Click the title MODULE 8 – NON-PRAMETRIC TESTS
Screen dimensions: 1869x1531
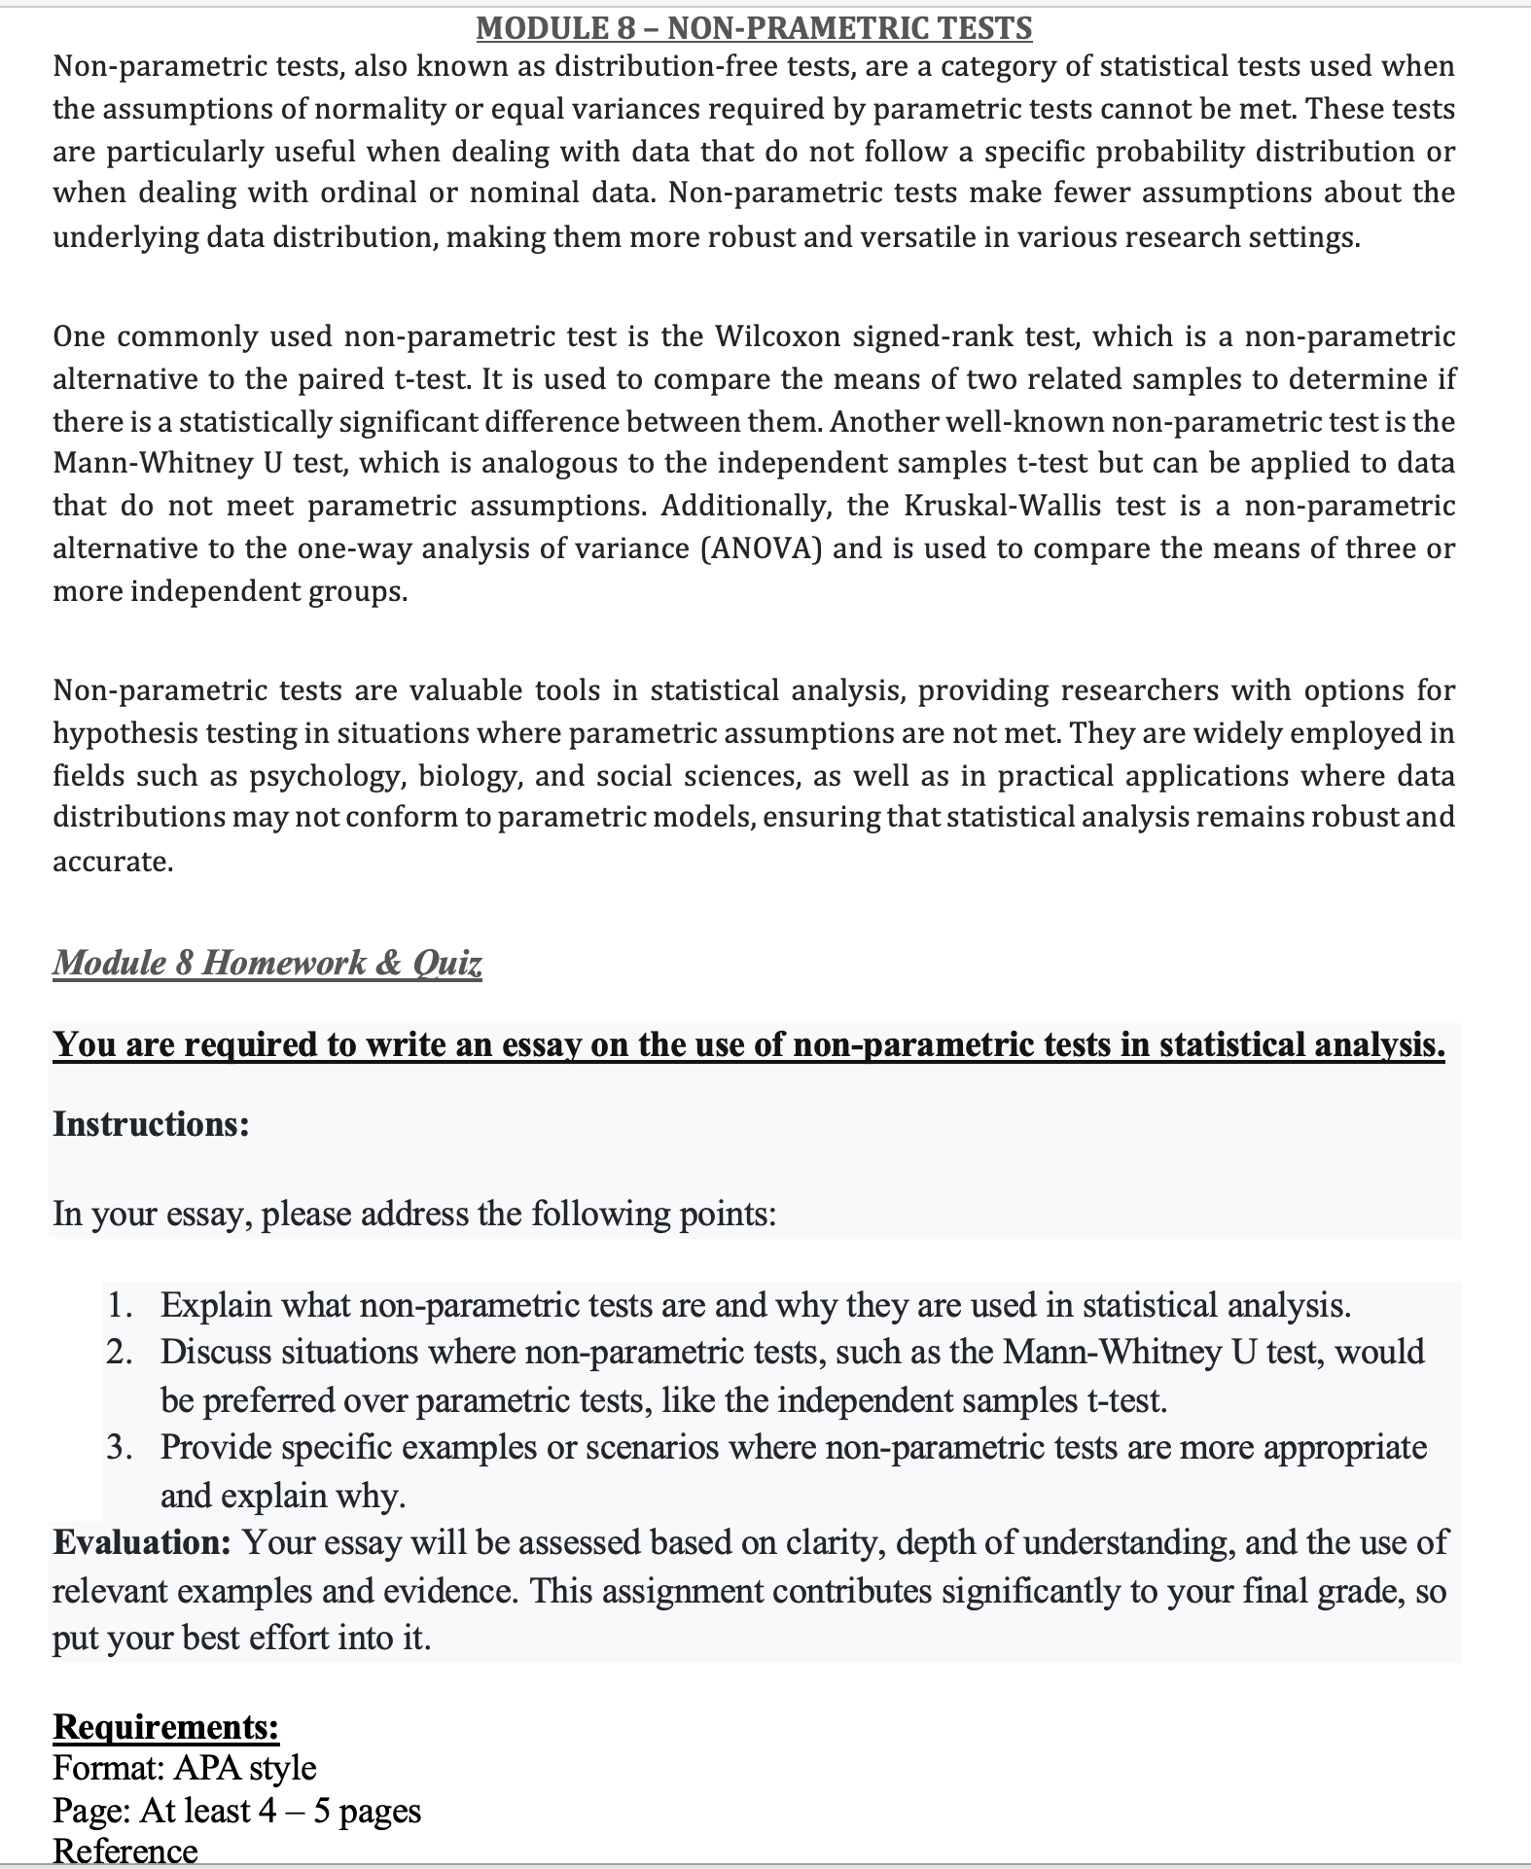pyautogui.click(x=754, y=28)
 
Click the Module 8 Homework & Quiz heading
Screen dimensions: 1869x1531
pyautogui.click(x=267, y=963)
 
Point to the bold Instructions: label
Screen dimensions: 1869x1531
pyautogui.click(x=151, y=1124)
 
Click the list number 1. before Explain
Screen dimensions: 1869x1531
pyautogui.click(x=121, y=1305)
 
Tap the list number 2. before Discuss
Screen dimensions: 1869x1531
pyautogui.click(x=121, y=1353)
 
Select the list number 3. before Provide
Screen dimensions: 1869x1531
pyautogui.click(x=121, y=1448)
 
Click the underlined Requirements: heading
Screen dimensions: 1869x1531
pyautogui.click(x=165, y=1726)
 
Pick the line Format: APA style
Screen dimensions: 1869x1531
pyautogui.click(x=185, y=1768)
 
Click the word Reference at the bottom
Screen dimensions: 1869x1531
pyautogui.click(x=125, y=1851)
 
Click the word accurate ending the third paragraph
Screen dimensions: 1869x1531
pyautogui.click(x=112, y=862)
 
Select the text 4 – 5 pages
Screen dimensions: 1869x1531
pyautogui.click(x=339, y=1811)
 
